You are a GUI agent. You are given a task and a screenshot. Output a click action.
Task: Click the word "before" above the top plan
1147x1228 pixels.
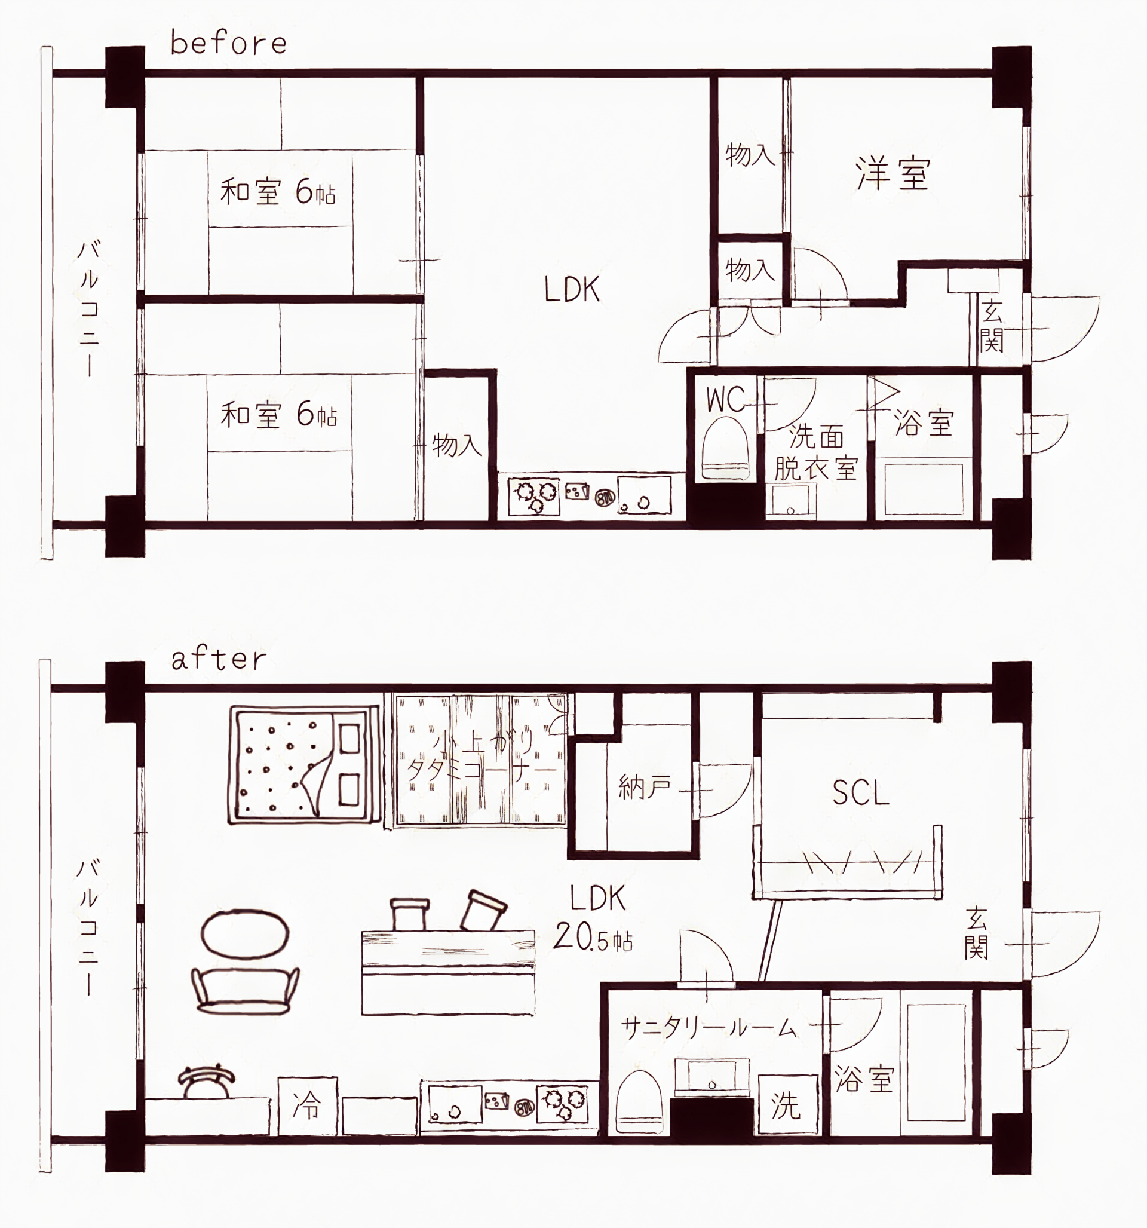[x=229, y=43]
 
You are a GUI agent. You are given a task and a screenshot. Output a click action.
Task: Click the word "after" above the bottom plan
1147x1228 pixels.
[x=219, y=659]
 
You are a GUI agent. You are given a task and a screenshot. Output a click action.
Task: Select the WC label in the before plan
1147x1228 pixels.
[x=725, y=400]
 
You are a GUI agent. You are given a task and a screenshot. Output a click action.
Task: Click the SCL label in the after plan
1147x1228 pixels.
[x=860, y=793]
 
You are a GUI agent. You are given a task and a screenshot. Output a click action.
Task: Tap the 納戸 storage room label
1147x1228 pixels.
[x=644, y=788]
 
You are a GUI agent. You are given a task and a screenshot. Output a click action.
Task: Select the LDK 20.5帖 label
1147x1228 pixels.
[x=594, y=918]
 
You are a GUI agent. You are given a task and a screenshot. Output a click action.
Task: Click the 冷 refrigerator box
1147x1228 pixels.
[x=307, y=1105]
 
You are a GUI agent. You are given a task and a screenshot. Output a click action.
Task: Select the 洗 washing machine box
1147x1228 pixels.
[x=786, y=1104]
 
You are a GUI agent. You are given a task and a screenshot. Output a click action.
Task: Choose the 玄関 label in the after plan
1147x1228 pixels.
[x=977, y=933]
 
